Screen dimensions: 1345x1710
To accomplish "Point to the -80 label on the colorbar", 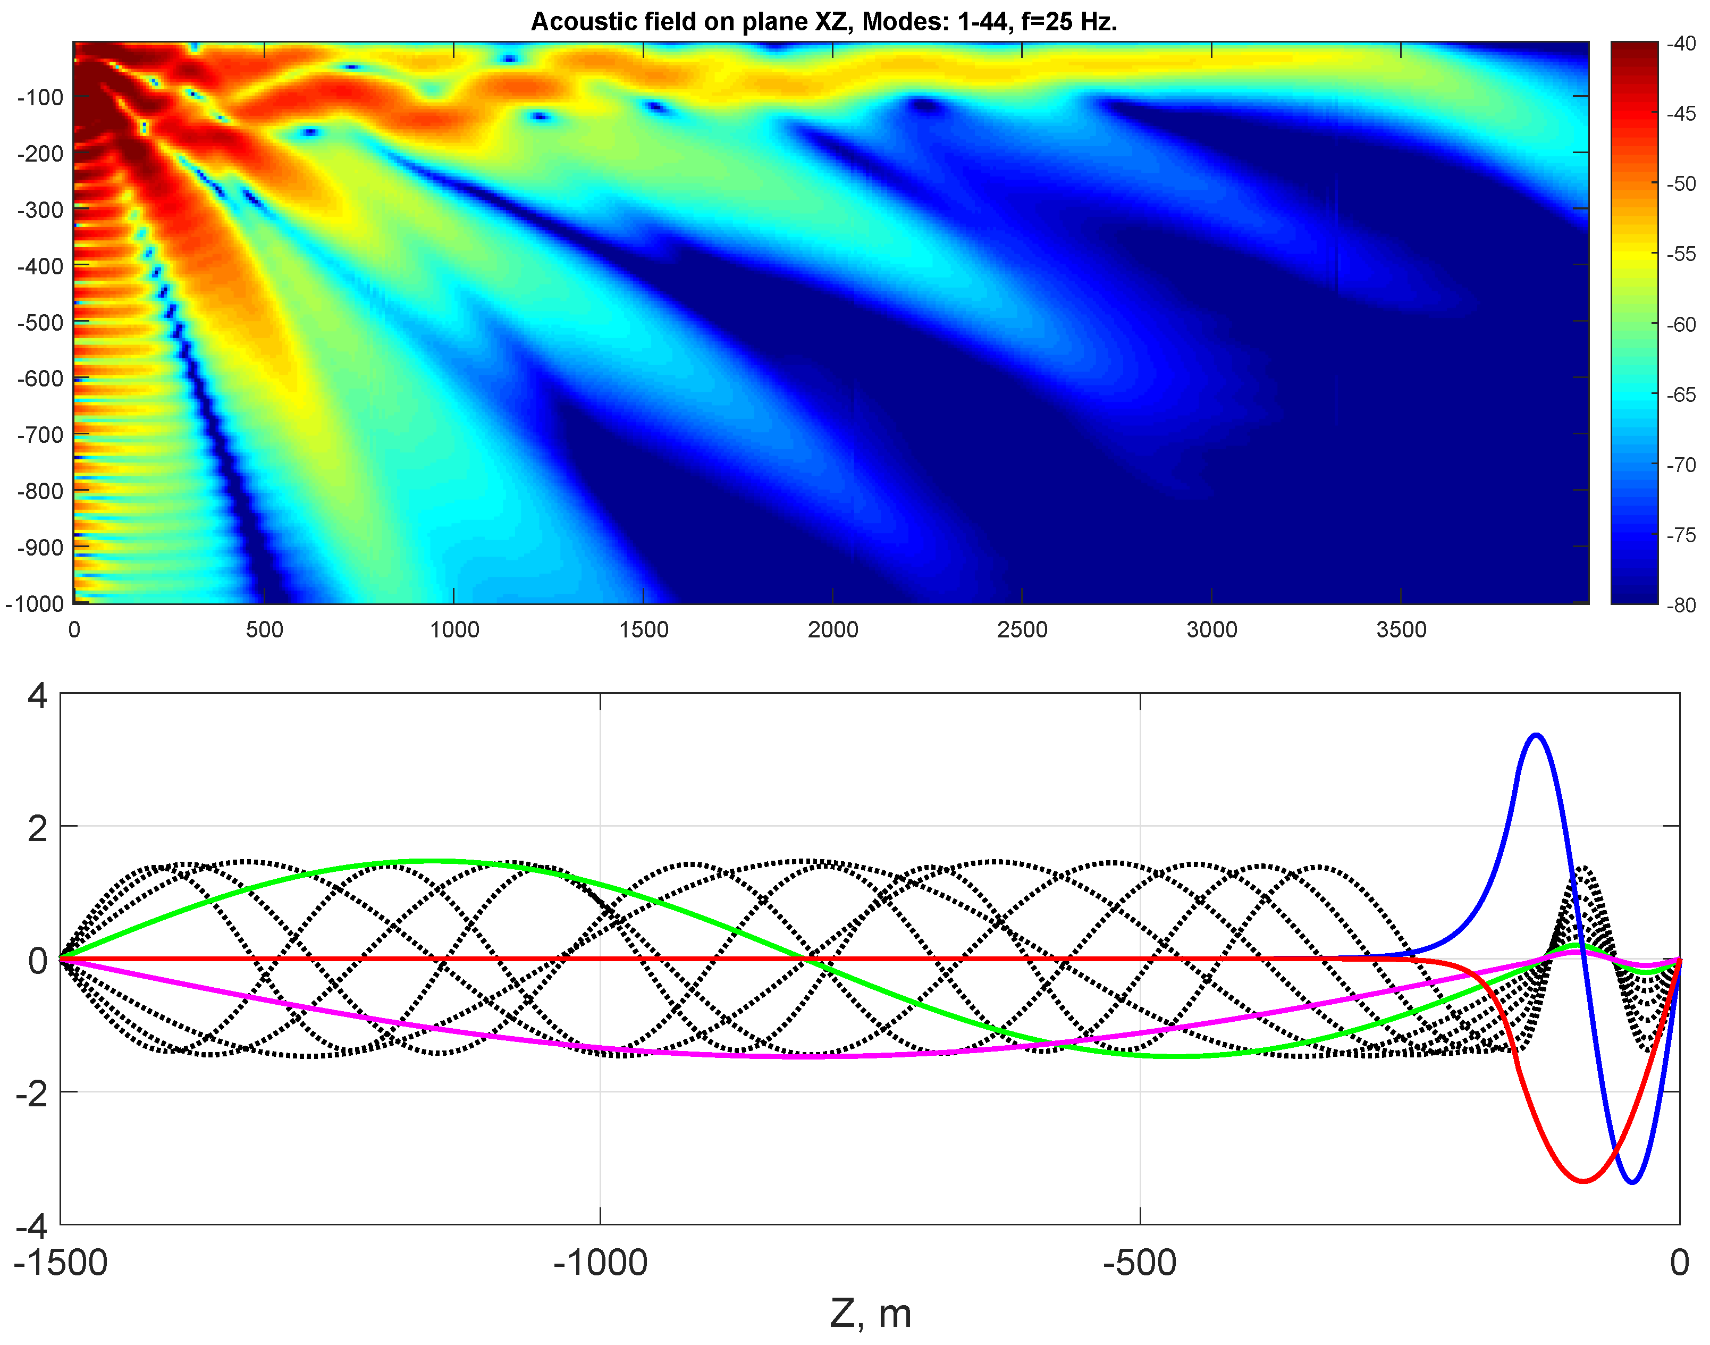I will pos(1682,605).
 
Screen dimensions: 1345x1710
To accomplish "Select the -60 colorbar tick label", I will pos(1682,324).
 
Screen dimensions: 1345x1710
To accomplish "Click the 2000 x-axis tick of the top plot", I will pos(832,630).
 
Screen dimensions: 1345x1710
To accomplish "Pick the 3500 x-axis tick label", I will pos(1401,630).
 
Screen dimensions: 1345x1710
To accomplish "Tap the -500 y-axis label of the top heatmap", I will pos(40,323).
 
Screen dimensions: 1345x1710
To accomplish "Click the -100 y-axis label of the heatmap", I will pos(40,98).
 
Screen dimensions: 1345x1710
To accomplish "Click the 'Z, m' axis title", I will pos(870,1314).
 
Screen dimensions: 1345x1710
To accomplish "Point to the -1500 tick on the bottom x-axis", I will pos(61,1262).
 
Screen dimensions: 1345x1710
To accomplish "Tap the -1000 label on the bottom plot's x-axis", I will pos(600,1262).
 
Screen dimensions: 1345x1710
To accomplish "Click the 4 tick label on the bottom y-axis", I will pos(38,696).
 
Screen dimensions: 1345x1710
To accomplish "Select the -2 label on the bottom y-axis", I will pos(31,1093).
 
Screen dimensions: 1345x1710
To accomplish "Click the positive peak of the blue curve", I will pos(1536,736).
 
